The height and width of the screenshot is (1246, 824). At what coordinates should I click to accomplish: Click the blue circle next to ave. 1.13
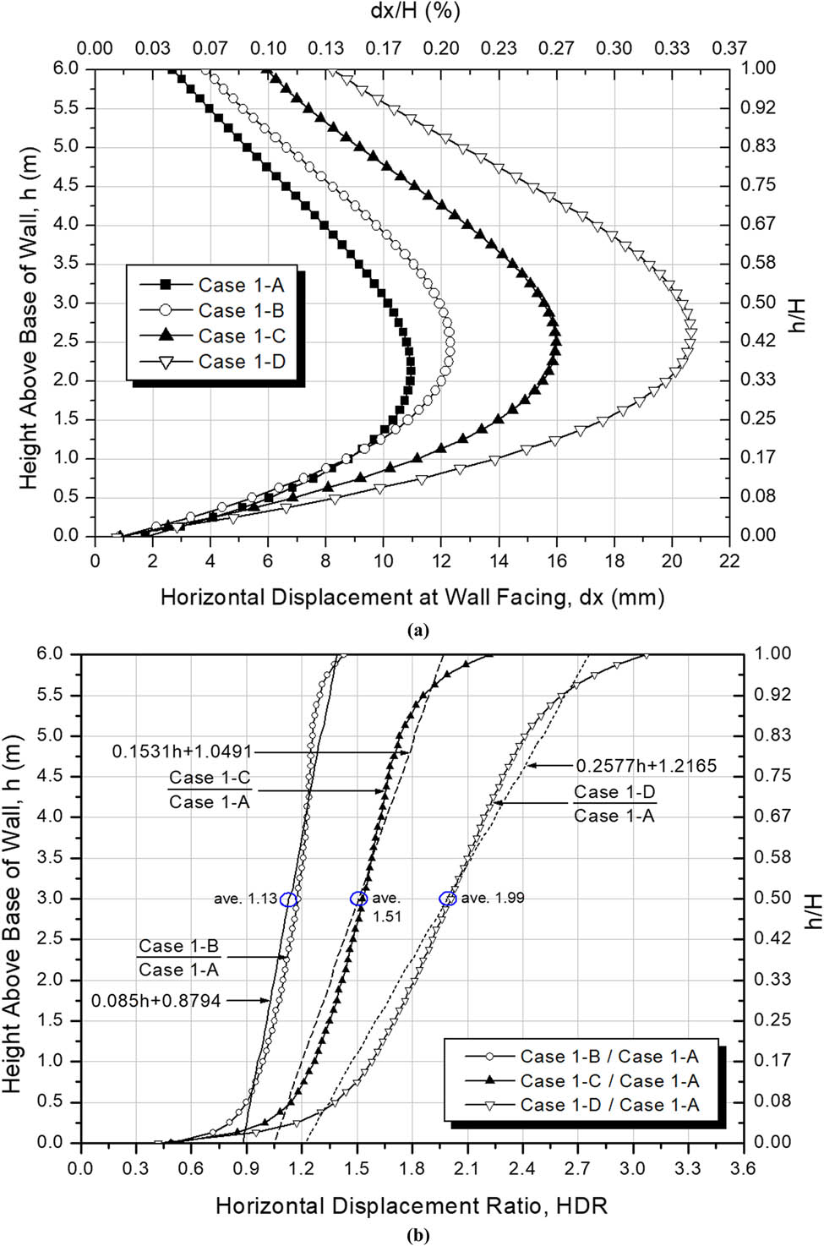[x=289, y=899]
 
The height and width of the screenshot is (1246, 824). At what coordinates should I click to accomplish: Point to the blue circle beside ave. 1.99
[x=448, y=899]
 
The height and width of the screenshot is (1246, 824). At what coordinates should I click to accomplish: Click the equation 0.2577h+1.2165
[x=646, y=766]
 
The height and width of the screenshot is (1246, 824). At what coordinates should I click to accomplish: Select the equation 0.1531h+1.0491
[x=182, y=751]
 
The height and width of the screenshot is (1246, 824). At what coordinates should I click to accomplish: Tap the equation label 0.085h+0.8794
[x=156, y=1001]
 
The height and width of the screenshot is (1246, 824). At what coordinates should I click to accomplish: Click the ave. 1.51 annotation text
[x=386, y=907]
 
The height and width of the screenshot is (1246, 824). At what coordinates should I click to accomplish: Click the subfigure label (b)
[x=418, y=1236]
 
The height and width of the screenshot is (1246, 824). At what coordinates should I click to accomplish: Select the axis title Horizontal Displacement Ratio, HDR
[x=412, y=1205]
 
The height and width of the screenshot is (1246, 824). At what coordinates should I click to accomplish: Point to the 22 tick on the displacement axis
[x=729, y=561]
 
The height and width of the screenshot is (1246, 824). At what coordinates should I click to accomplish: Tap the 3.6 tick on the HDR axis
[x=743, y=1168]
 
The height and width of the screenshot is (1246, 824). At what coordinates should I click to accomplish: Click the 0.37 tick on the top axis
[x=729, y=48]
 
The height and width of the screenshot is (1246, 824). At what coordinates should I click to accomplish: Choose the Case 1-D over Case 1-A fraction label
[x=614, y=804]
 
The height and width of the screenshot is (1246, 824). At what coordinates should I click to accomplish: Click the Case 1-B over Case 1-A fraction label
[x=178, y=958]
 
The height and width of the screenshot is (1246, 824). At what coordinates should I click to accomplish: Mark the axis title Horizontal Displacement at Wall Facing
[x=412, y=598]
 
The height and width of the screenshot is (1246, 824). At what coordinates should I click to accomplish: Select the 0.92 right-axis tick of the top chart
[x=758, y=107]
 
